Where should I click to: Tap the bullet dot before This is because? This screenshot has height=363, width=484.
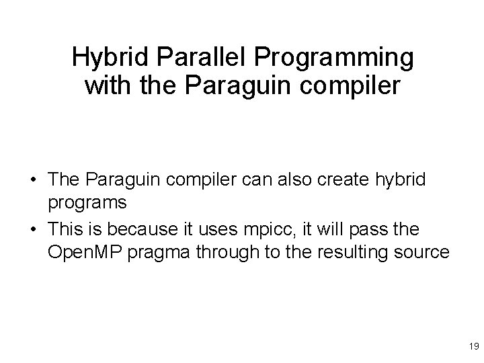pyautogui.click(x=32, y=231)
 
